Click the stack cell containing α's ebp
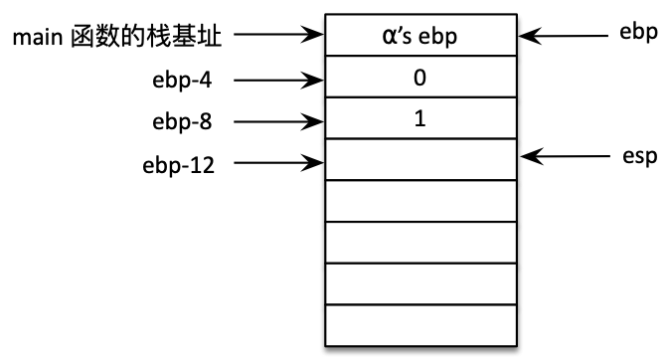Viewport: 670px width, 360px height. point(421,37)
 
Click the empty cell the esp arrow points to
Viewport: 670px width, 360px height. point(421,159)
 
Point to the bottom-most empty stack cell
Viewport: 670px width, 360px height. point(421,326)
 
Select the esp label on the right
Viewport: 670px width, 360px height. point(637,157)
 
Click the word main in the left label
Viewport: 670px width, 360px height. point(34,39)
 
